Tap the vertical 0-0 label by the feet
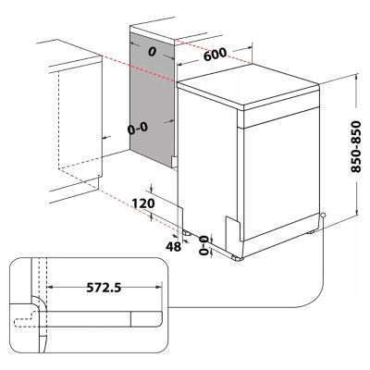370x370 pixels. point(204,245)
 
